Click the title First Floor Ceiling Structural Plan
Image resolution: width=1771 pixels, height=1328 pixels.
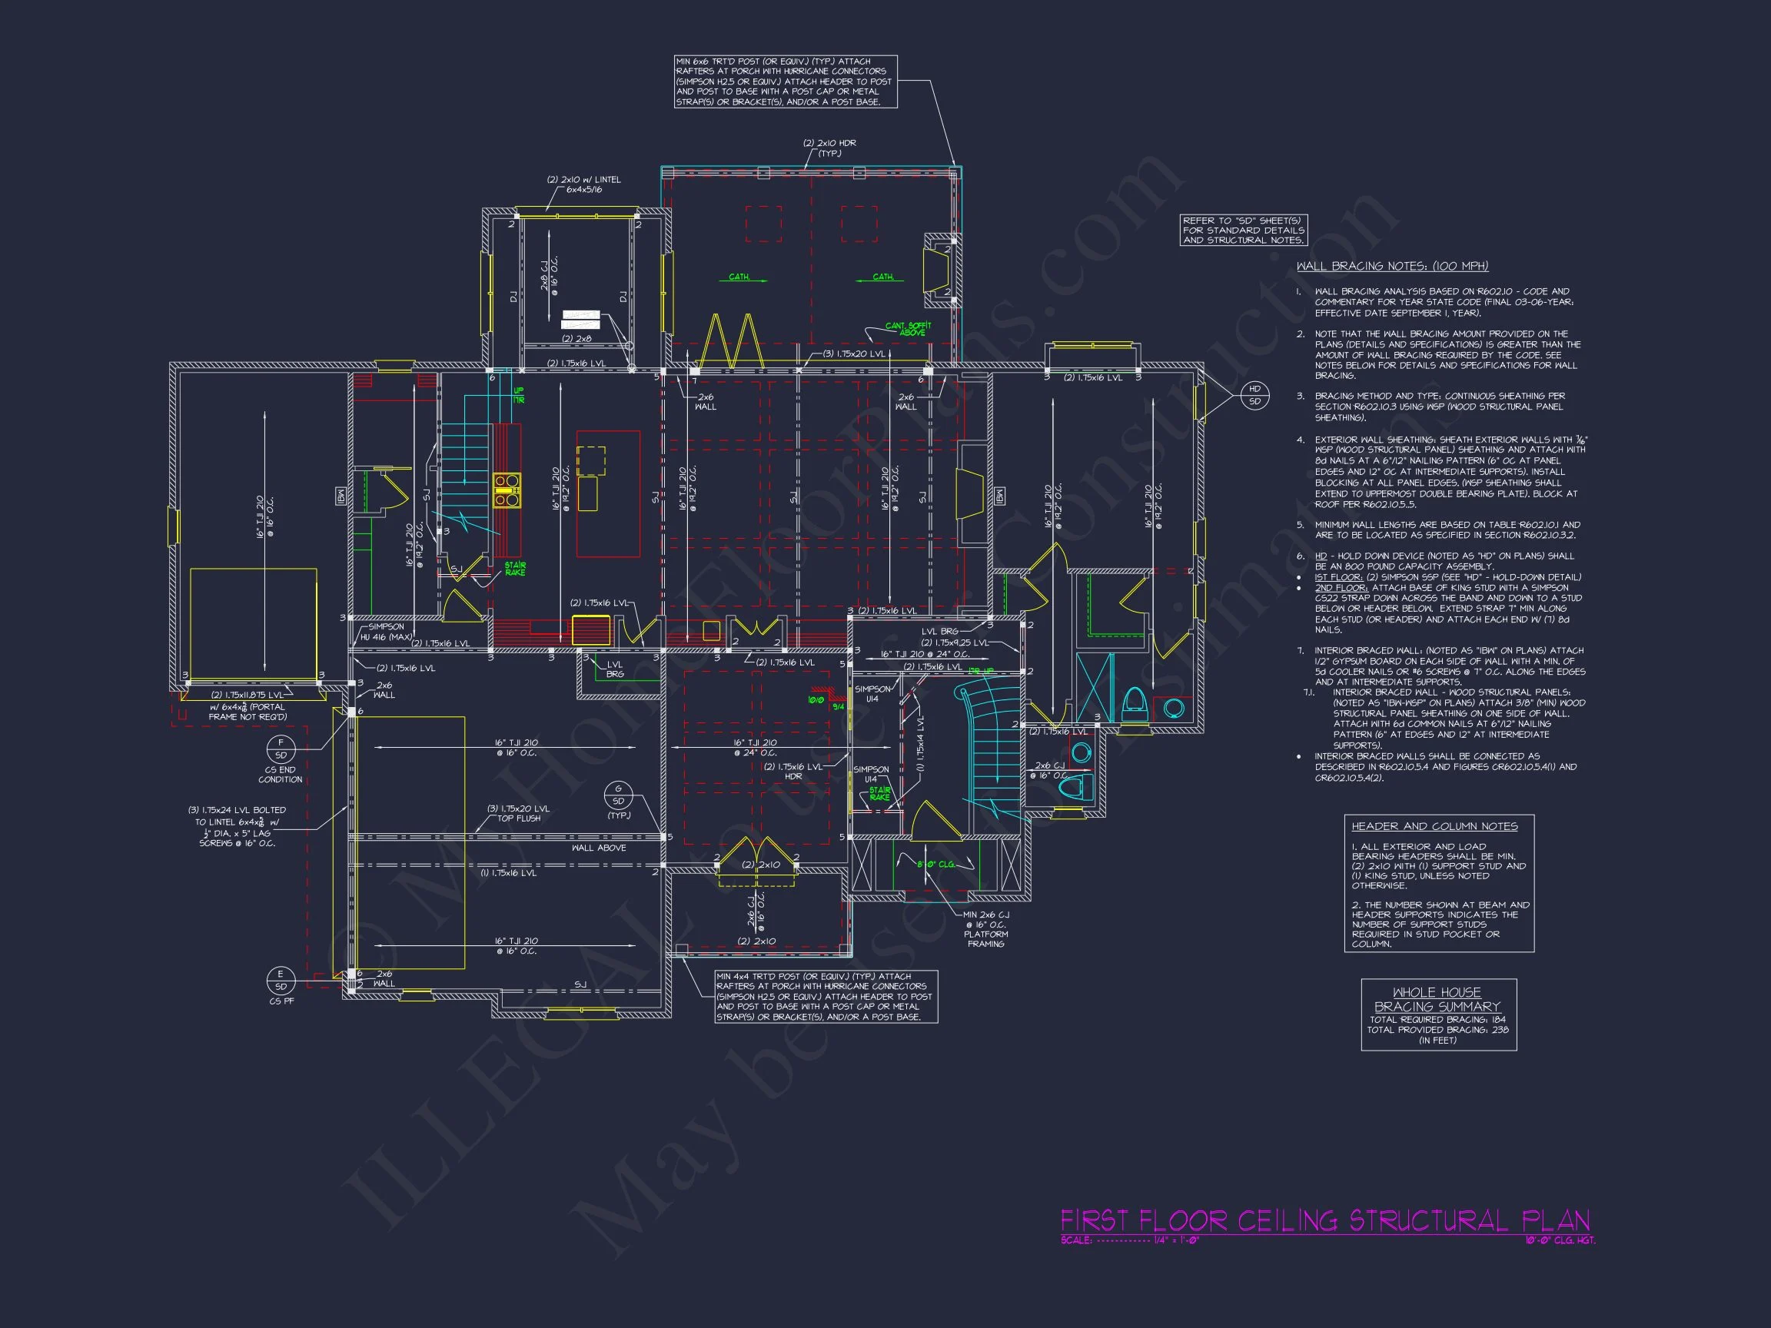click(x=1324, y=1220)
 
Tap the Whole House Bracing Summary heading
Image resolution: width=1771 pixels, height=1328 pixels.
click(x=1437, y=999)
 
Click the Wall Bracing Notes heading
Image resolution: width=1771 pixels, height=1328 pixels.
click(x=1392, y=266)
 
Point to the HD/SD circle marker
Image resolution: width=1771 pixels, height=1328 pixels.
click(x=1254, y=396)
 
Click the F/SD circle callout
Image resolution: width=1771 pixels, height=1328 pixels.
click(x=281, y=749)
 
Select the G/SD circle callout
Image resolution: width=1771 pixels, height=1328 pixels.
click(x=618, y=795)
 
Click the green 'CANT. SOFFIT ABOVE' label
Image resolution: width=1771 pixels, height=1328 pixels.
click(x=909, y=329)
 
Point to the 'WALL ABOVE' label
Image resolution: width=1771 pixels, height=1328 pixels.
click(x=599, y=848)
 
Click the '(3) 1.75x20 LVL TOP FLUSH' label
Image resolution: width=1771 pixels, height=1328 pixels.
click(x=519, y=813)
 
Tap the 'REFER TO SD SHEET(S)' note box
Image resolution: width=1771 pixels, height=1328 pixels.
click(x=1244, y=230)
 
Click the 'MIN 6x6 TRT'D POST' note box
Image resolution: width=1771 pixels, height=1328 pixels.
click(x=785, y=81)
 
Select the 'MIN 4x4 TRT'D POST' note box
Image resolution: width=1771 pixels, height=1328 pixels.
click(x=826, y=997)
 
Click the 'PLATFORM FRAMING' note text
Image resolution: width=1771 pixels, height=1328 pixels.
click(x=985, y=939)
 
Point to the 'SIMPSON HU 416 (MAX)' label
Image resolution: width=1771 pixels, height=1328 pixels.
click(x=386, y=632)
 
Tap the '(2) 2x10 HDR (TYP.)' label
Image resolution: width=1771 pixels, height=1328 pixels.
click(x=829, y=148)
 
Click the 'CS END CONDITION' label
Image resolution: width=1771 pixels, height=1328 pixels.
click(x=281, y=774)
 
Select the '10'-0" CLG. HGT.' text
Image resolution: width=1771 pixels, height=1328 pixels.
click(x=1560, y=1240)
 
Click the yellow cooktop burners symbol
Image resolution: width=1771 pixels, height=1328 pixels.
click(x=507, y=490)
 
